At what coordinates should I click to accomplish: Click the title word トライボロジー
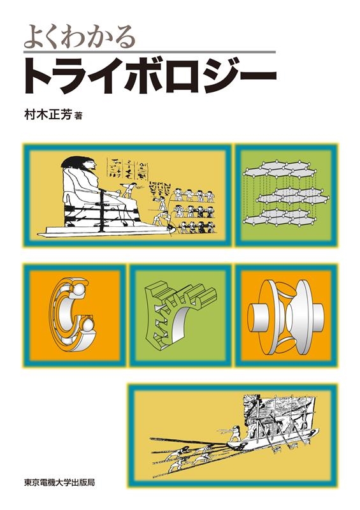[150, 75]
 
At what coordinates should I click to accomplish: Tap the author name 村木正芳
[48, 115]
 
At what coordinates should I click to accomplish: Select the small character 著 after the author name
[78, 116]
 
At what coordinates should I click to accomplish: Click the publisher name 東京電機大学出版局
[59, 481]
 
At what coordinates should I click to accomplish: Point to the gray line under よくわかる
[150, 52]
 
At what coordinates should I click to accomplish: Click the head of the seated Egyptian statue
[80, 166]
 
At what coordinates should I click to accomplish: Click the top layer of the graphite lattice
[279, 169]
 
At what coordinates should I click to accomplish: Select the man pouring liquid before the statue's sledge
[161, 215]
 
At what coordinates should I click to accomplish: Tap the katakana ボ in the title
[147, 75]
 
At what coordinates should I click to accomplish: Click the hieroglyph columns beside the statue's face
[127, 168]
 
